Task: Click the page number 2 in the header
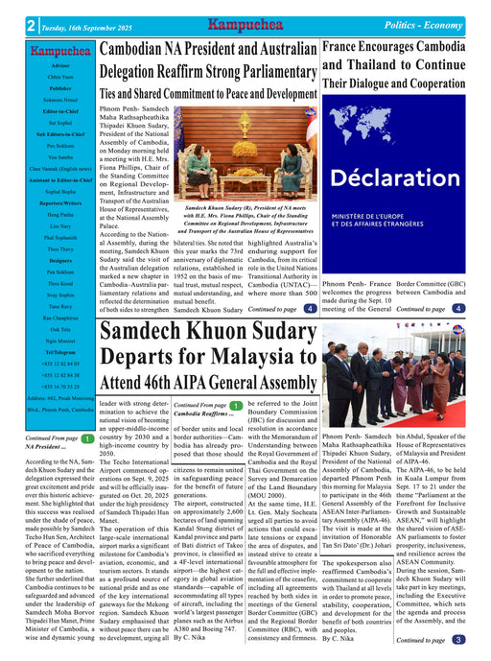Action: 32,26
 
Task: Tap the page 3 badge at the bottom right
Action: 458,640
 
